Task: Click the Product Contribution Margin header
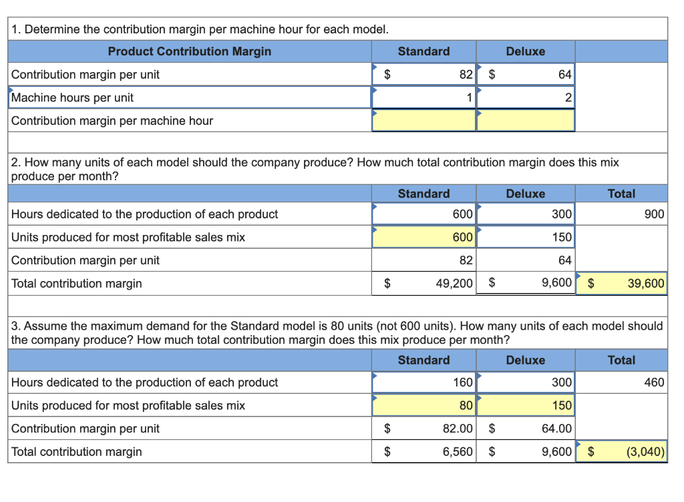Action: point(190,51)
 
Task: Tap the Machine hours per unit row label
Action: point(72,97)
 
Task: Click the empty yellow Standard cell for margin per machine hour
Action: point(423,121)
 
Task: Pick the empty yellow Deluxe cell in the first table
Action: point(526,121)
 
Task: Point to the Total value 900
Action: point(654,214)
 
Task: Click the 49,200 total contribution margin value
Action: point(454,283)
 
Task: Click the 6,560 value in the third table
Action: point(458,451)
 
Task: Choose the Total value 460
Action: point(654,383)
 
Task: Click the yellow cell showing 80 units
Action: point(423,405)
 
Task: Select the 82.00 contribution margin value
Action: point(458,429)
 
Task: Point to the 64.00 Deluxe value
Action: point(556,429)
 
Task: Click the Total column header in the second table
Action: point(621,194)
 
